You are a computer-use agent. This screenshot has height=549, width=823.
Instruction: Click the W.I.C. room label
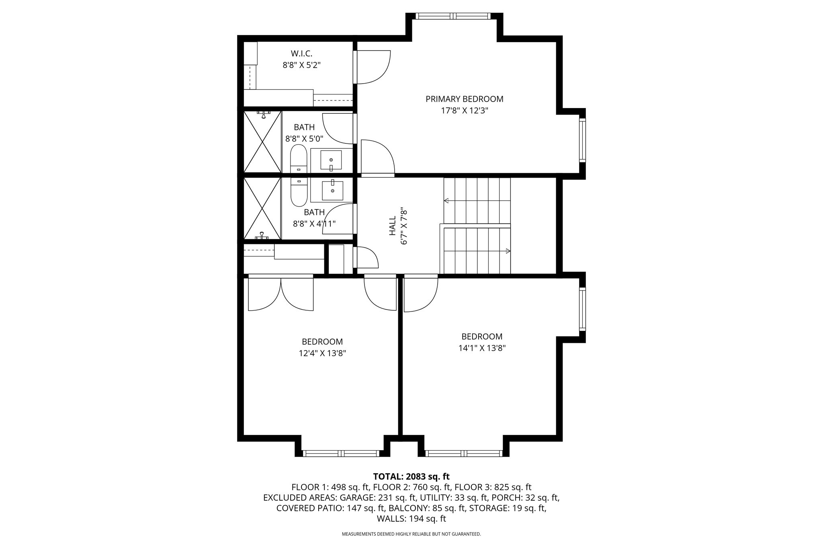[301, 53]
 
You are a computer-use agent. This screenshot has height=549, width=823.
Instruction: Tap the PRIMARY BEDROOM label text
[464, 99]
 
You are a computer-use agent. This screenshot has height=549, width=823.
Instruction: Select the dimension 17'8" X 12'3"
[464, 111]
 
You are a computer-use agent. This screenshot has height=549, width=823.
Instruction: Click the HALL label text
[393, 226]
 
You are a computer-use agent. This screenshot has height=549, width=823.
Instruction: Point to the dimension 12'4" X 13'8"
[322, 353]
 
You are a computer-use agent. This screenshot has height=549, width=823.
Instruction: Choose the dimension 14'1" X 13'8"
[482, 348]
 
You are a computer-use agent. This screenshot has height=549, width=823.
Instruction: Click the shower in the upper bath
[262, 142]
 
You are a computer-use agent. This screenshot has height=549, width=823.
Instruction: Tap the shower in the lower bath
[262, 209]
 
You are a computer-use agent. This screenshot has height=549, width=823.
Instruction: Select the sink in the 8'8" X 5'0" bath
[331, 160]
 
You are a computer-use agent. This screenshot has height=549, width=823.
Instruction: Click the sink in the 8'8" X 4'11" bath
[332, 191]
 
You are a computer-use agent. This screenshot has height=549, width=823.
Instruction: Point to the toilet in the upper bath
[299, 159]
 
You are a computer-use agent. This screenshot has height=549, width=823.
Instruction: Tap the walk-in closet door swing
[373, 67]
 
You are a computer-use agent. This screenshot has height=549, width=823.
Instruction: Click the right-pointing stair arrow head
[508, 251]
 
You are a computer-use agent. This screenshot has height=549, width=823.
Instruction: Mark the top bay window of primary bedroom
[453, 16]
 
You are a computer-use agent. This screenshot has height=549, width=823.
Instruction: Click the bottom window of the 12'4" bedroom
[341, 453]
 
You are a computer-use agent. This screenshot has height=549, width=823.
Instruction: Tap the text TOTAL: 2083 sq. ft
[411, 477]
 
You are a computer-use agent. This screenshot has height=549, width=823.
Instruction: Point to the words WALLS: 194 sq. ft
[411, 519]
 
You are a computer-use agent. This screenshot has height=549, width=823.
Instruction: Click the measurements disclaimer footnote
[411, 534]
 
